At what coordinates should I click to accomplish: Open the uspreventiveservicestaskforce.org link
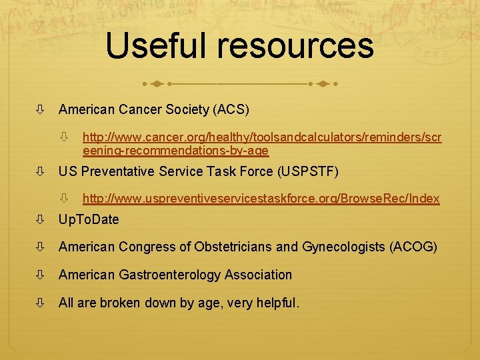pyautogui.click(x=261, y=199)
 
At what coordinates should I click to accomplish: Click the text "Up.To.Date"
pyautogui.click(x=89, y=219)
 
